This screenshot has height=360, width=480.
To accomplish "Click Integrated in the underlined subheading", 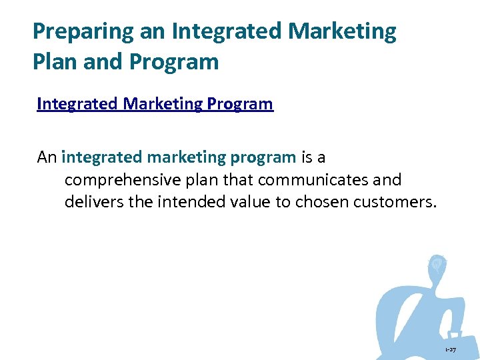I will pyautogui.click(x=72, y=104).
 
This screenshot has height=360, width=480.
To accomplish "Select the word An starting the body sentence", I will pyautogui.click(x=47, y=157).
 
